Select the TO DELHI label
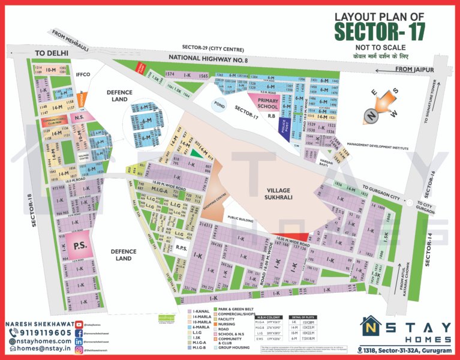(52, 53)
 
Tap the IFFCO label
(82, 75)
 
